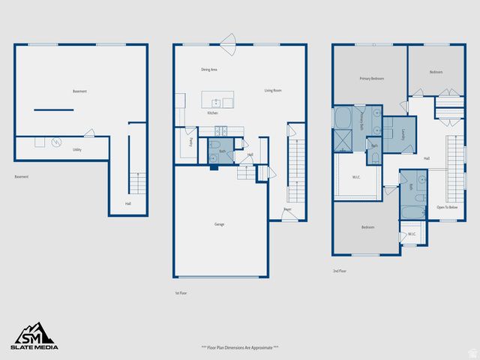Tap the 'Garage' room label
click(220, 224)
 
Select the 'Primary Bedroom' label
click(371, 78)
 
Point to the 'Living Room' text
click(272, 91)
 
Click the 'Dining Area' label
click(209, 70)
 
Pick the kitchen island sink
click(216, 101)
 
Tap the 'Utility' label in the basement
click(77, 150)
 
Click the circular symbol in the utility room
click(54, 142)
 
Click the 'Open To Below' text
click(447, 207)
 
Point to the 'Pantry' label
click(190, 141)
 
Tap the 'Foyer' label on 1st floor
click(287, 210)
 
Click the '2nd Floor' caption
click(340, 271)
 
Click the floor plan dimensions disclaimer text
click(240, 347)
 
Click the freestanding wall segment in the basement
click(54, 110)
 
